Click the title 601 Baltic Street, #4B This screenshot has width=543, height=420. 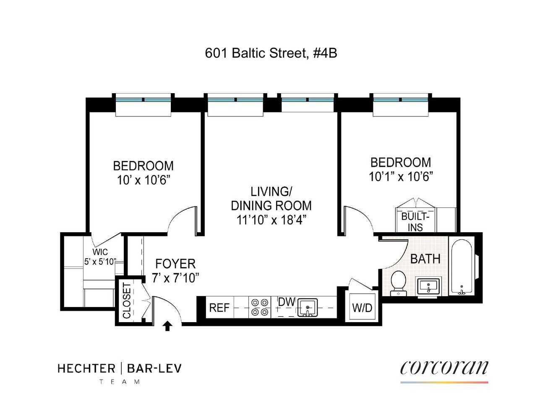click(x=271, y=53)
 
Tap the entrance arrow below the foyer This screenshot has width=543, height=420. click(x=167, y=326)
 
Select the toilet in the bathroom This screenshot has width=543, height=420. click(x=397, y=283)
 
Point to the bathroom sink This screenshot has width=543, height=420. click(x=428, y=286)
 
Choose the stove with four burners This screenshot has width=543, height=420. click(x=260, y=307)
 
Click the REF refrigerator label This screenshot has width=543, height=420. click(x=219, y=308)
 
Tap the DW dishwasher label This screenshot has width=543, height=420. click(x=287, y=302)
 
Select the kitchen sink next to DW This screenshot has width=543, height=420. click(x=308, y=307)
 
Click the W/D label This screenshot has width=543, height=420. click(x=362, y=308)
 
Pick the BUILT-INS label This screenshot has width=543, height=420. click(x=415, y=222)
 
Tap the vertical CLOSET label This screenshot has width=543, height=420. click(x=126, y=300)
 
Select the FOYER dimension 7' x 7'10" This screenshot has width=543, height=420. click(x=175, y=278)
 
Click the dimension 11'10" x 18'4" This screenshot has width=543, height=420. click(x=271, y=219)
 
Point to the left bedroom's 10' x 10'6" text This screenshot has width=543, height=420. click(x=143, y=180)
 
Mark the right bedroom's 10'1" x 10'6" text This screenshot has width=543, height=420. click(x=401, y=176)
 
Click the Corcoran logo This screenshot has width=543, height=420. click(x=444, y=368)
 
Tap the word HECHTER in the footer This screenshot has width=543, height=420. click(x=86, y=369)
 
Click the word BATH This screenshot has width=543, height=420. click(x=425, y=259)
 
